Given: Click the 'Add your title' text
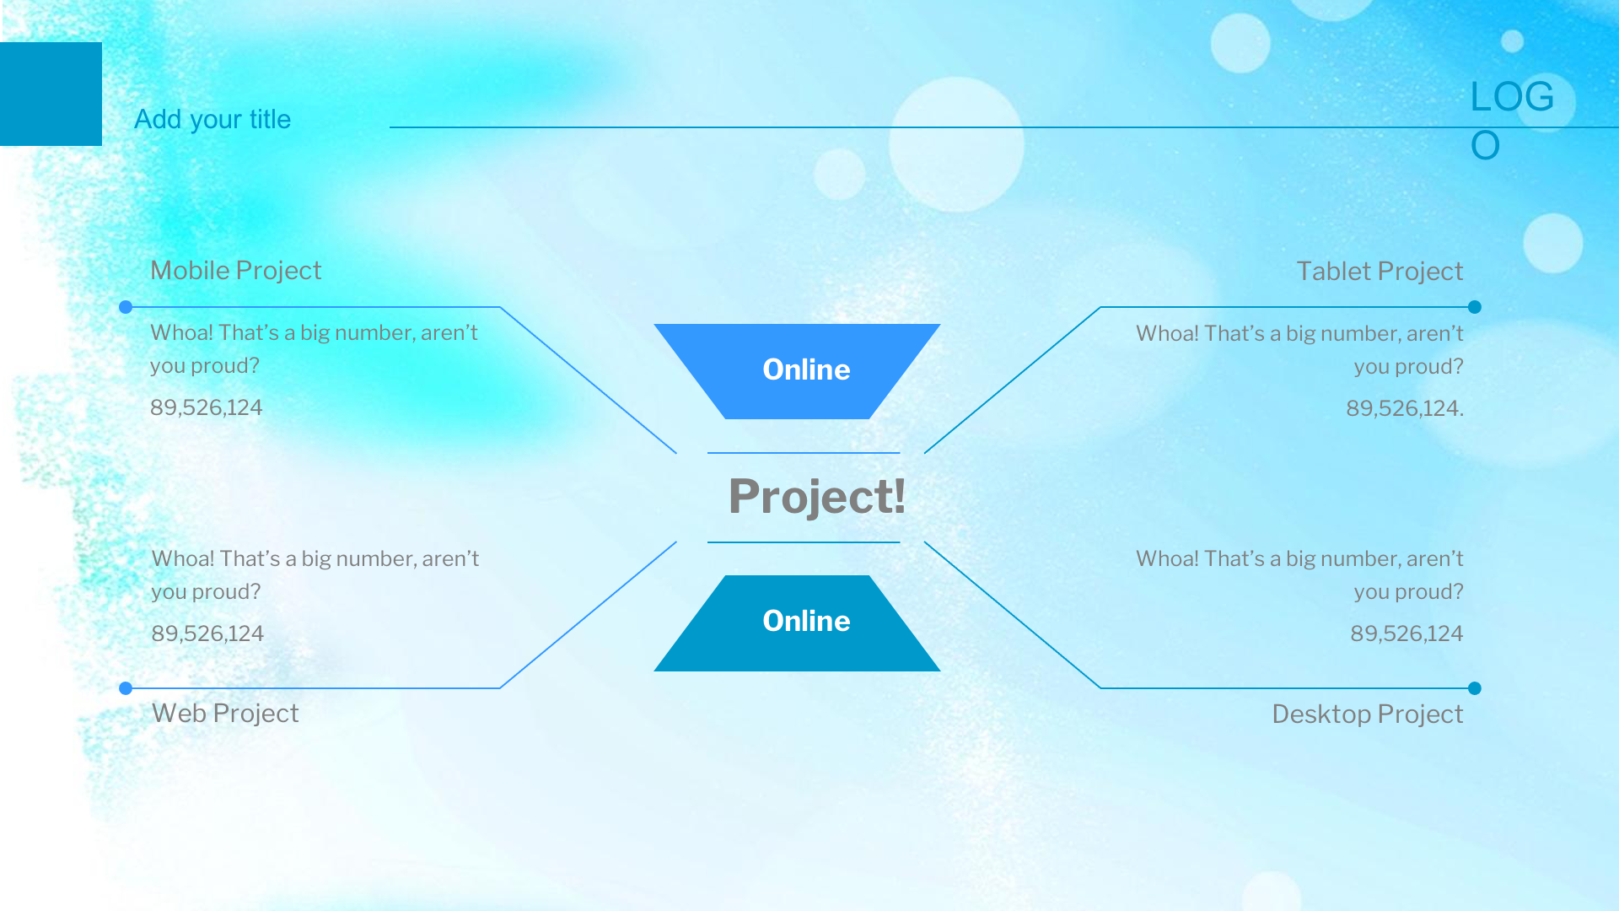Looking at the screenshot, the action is coord(212,120).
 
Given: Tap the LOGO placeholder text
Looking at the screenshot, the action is coord(1512,121).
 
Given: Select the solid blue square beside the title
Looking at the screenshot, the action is coord(51,94).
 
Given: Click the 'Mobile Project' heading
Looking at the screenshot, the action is coord(236,270).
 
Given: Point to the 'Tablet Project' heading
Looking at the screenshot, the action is coord(1380,271).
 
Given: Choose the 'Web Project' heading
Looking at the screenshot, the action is coord(225,713).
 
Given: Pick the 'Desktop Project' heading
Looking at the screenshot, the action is coord(1368,714).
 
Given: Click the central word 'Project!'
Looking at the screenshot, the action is coord(817,496).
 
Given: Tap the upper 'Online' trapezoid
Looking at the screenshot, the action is coord(797,371).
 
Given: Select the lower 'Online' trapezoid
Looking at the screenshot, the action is coord(797,623).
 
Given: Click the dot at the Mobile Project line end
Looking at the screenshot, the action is coord(126,307).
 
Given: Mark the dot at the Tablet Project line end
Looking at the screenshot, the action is coord(1475,307).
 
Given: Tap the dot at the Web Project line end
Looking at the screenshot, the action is coord(126,688).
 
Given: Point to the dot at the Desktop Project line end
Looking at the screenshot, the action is coord(1475,688).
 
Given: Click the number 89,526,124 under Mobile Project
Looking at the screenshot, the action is coord(207,407).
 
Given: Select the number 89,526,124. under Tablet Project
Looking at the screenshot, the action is coord(1405,408).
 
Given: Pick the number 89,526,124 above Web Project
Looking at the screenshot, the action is coord(207,633).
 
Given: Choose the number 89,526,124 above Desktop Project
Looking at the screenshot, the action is coord(1407,633).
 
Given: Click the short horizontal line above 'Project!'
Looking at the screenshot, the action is coord(804,453).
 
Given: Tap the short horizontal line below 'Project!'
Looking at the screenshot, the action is coord(804,542).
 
